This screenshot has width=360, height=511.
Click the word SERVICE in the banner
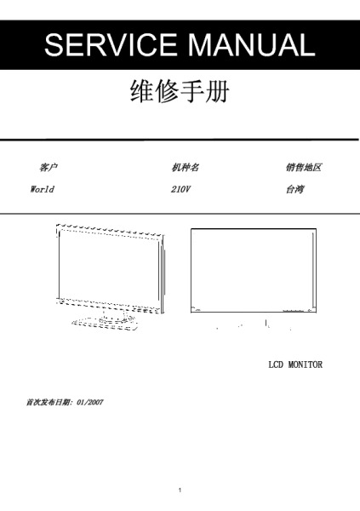pyautogui.click(x=111, y=44)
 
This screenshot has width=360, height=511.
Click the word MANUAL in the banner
pyautogui.click(x=252, y=44)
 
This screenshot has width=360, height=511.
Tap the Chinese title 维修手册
pyautogui.click(x=180, y=91)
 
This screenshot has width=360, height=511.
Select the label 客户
pyautogui.click(x=49, y=168)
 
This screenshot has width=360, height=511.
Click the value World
pyautogui.click(x=42, y=189)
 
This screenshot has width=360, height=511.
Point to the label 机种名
pyautogui.click(x=185, y=168)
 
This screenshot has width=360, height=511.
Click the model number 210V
pyautogui.click(x=180, y=189)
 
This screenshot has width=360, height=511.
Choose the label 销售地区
pyautogui.click(x=304, y=168)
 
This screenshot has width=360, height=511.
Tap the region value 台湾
pyautogui.click(x=295, y=189)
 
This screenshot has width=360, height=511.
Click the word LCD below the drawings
pyautogui.click(x=276, y=365)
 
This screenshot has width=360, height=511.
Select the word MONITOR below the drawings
pyautogui.click(x=306, y=365)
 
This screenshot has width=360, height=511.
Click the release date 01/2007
pyautogui.click(x=90, y=402)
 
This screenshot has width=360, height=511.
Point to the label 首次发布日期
pyautogui.click(x=49, y=402)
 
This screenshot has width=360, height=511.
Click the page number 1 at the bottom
pyautogui.click(x=180, y=490)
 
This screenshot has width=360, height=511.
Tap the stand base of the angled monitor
pyautogui.click(x=105, y=324)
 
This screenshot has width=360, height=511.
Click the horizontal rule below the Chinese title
pyautogui.click(x=180, y=140)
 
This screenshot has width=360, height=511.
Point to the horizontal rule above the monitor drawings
pyautogui.click(x=180, y=214)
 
